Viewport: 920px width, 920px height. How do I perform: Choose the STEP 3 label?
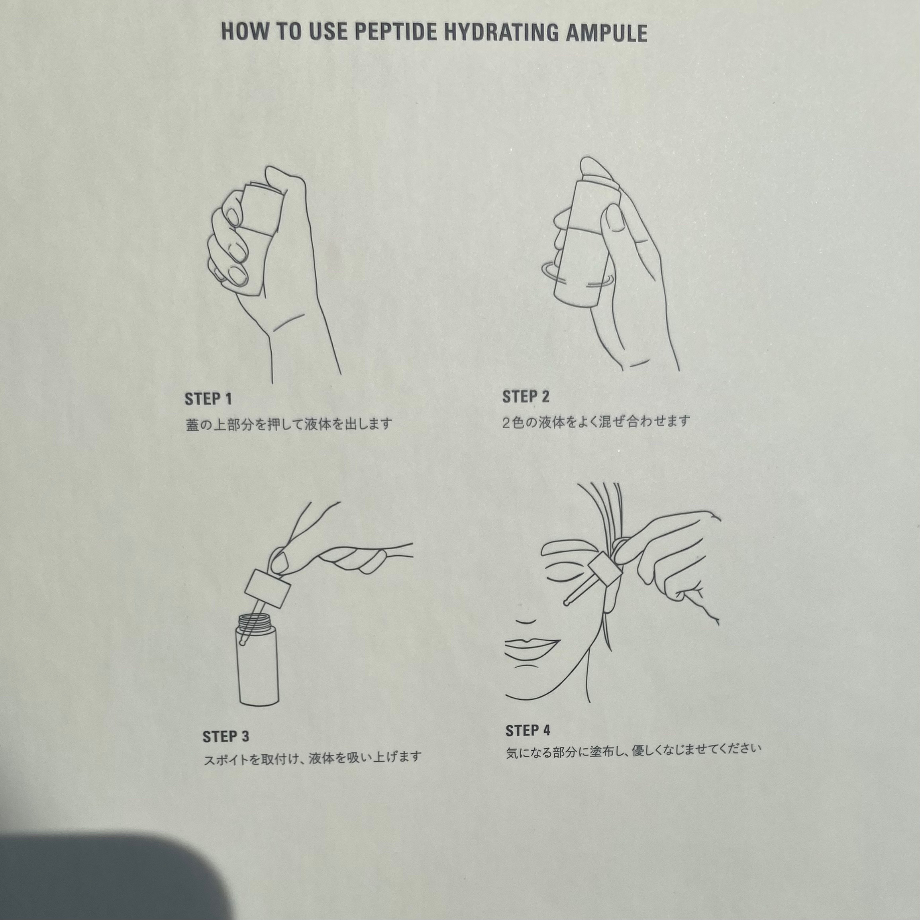click(226, 737)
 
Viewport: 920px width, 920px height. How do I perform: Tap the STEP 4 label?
click(528, 730)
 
